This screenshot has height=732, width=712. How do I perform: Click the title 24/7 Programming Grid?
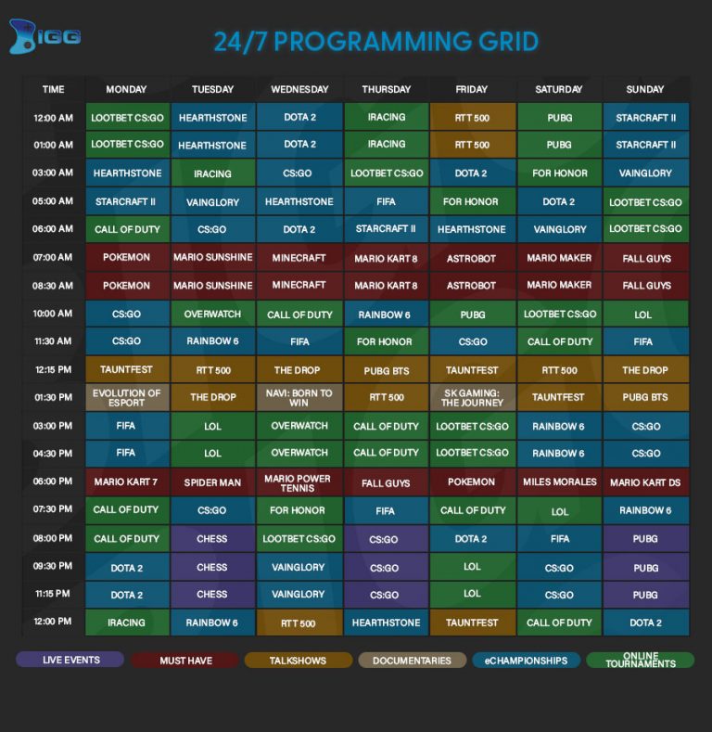point(375,42)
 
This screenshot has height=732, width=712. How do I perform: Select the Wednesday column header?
point(299,89)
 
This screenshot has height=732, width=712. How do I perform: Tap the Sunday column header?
point(645,89)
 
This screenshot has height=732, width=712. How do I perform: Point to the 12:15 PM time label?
point(53,369)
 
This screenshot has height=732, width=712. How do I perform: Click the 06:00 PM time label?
point(53,482)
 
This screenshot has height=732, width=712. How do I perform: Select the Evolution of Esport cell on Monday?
point(127,398)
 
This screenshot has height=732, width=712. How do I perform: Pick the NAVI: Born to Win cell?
point(299,398)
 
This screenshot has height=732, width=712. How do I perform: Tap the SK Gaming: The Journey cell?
point(472,398)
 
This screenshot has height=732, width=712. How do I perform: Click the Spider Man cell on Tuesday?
point(212,482)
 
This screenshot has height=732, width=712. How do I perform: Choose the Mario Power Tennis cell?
point(299,482)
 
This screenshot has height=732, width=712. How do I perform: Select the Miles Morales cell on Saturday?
point(559,482)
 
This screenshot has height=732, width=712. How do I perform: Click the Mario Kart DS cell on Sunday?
point(645,482)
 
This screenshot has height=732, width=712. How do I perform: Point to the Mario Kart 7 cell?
point(127,482)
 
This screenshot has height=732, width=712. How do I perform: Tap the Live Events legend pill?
point(70,660)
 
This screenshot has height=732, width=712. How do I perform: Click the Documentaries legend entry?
point(412,661)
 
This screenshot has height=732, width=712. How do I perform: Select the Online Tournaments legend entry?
point(640,661)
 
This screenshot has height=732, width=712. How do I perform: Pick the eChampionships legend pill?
point(526,661)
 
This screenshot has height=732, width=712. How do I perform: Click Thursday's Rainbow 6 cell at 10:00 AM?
point(385,315)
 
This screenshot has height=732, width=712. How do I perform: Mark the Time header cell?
point(53,89)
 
